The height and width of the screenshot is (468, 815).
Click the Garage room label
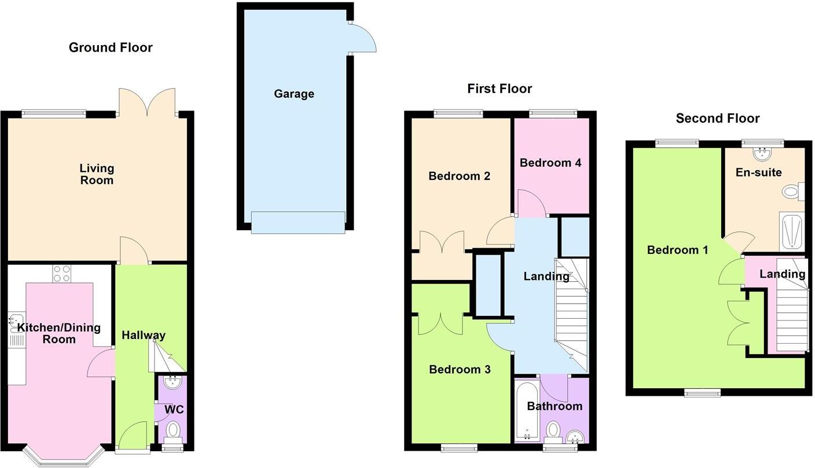(294, 94)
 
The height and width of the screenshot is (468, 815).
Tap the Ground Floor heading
(111, 47)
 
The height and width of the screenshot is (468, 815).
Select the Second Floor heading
(717, 119)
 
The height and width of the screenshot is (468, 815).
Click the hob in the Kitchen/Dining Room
(61, 273)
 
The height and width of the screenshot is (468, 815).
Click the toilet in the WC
(172, 431)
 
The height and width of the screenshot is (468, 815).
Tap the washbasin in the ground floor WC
(172, 382)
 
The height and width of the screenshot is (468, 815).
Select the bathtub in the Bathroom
(526, 411)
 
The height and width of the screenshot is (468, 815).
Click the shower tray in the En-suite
(791, 231)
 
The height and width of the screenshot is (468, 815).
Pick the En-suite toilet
(791, 191)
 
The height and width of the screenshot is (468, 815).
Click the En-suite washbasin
(762, 153)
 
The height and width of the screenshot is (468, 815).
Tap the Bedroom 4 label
(550, 163)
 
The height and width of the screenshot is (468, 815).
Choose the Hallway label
(144, 335)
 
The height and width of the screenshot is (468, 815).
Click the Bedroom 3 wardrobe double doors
(440, 323)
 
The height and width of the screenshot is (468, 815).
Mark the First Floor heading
(500, 89)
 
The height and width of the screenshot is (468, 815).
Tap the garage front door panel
(298, 222)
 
